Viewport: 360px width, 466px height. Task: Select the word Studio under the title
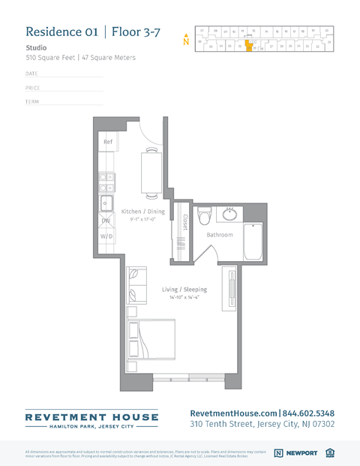[36, 47]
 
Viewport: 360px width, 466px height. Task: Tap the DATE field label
[31, 74]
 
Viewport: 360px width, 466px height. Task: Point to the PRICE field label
[32, 88]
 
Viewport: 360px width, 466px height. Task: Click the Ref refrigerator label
[107, 142]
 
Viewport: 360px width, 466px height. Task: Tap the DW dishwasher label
[106, 221]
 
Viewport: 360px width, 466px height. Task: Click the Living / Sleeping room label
[184, 290]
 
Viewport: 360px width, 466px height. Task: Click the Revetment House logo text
[91, 417]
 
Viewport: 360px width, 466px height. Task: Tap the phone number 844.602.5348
[308, 413]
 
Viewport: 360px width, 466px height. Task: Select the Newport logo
[295, 453]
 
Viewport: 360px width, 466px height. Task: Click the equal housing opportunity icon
[331, 453]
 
